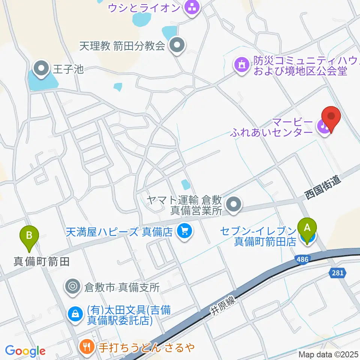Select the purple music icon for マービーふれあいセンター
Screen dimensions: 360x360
tap(323, 126)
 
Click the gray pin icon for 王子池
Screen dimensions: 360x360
tap(42, 69)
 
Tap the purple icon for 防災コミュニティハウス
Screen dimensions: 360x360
tap(242, 64)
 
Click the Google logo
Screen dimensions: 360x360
tap(25, 351)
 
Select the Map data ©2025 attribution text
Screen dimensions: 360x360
tap(328, 354)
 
